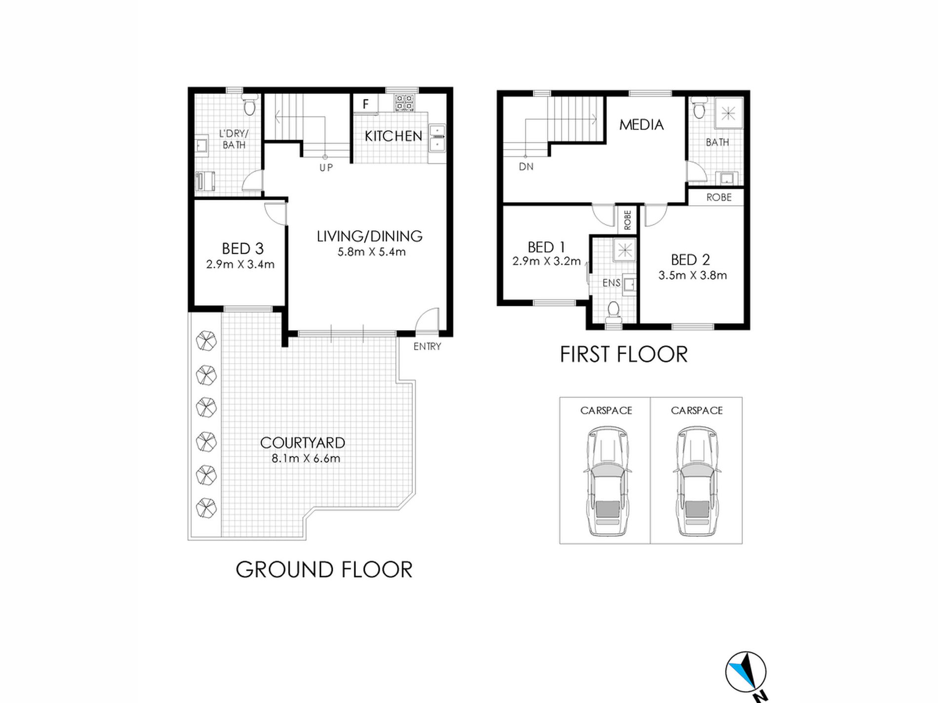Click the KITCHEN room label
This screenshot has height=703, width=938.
point(393,136)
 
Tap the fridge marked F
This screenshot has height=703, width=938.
point(366,104)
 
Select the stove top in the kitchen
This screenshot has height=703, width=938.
point(404,103)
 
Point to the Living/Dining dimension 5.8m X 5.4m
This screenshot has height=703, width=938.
point(371,252)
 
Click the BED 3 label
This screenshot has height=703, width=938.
point(242,248)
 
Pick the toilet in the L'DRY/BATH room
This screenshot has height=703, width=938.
point(249,104)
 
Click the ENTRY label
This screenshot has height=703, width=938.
point(427,346)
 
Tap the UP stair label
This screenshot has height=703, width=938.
point(326,168)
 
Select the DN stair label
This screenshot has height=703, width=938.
point(526,167)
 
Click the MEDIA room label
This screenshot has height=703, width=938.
point(641,125)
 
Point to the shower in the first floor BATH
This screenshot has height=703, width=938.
point(728,113)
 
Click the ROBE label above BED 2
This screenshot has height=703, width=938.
point(719,197)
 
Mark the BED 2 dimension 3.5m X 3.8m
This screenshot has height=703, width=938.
point(692,275)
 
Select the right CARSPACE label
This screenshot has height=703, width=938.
point(697,410)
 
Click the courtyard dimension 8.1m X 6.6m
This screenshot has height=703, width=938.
point(306,458)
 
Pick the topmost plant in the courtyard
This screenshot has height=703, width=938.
point(206,340)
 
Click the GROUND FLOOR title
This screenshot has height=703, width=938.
point(324,569)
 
